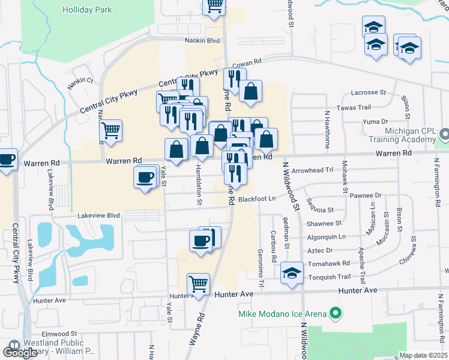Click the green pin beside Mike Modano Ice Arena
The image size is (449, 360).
tap(336, 313)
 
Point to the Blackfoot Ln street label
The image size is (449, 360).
tap(256, 199)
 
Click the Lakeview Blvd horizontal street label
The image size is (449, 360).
tap(98, 215)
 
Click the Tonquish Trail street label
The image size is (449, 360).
tap(328, 277)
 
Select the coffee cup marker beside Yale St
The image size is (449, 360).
tap(146, 178)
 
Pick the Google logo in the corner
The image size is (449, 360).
tap(20, 352)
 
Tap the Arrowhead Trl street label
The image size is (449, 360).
tap(312, 170)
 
